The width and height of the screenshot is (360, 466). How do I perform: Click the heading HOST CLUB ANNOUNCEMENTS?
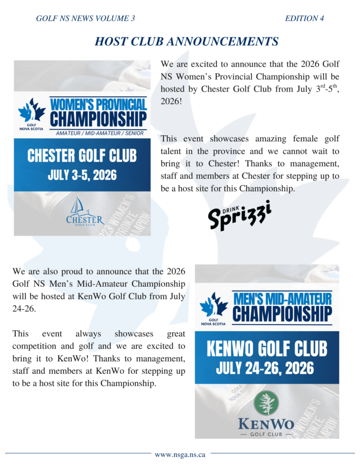[x=186, y=41]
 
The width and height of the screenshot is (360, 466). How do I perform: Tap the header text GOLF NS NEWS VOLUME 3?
[x=86, y=19]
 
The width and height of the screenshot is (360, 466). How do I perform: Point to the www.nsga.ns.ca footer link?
[x=180, y=454]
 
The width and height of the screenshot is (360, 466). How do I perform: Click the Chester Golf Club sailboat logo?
[x=85, y=211]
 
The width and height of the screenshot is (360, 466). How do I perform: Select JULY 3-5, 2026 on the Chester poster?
[x=82, y=175]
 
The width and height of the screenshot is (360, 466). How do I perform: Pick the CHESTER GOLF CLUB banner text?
[x=82, y=155]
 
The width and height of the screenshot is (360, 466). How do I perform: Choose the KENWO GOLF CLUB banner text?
[x=266, y=348]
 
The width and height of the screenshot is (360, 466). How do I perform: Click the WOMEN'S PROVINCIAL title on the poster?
[x=99, y=105]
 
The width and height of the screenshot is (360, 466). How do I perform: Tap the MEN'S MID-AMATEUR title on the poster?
[x=282, y=298]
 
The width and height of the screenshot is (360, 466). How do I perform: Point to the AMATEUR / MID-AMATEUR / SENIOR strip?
[x=99, y=132]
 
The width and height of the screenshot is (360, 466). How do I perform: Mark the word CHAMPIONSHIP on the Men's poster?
[x=282, y=313]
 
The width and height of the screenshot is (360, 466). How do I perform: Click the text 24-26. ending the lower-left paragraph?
[x=24, y=308]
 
